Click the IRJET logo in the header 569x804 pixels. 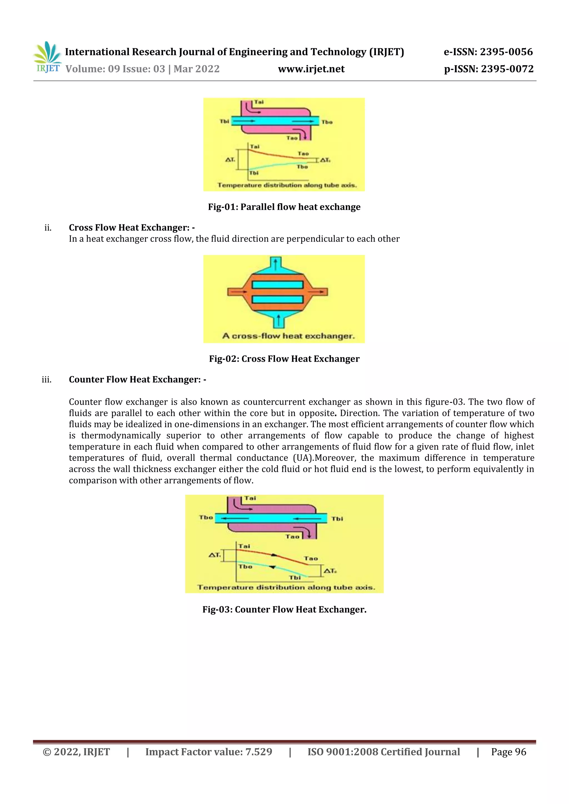pos(47,57)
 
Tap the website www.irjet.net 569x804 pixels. pos(311,69)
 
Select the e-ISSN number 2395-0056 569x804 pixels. pos(506,52)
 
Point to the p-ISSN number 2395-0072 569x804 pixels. pos(507,69)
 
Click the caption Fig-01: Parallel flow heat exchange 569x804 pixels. pos(284,207)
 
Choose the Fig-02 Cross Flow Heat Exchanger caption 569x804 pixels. pos(284,359)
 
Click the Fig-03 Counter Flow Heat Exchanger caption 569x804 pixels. pos(284,610)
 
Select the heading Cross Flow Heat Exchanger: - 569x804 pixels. pos(132,228)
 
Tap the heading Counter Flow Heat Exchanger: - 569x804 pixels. pos(137,380)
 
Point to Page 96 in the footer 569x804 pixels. pos(508,752)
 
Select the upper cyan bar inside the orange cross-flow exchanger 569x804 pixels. pos(278,285)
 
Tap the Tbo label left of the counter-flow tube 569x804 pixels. pos(206,517)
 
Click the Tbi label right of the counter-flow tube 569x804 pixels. pos(337,519)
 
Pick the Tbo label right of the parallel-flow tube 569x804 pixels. pos(327,122)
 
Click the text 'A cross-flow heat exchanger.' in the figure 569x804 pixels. pos(288,336)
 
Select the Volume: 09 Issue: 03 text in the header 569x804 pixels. pos(115,69)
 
